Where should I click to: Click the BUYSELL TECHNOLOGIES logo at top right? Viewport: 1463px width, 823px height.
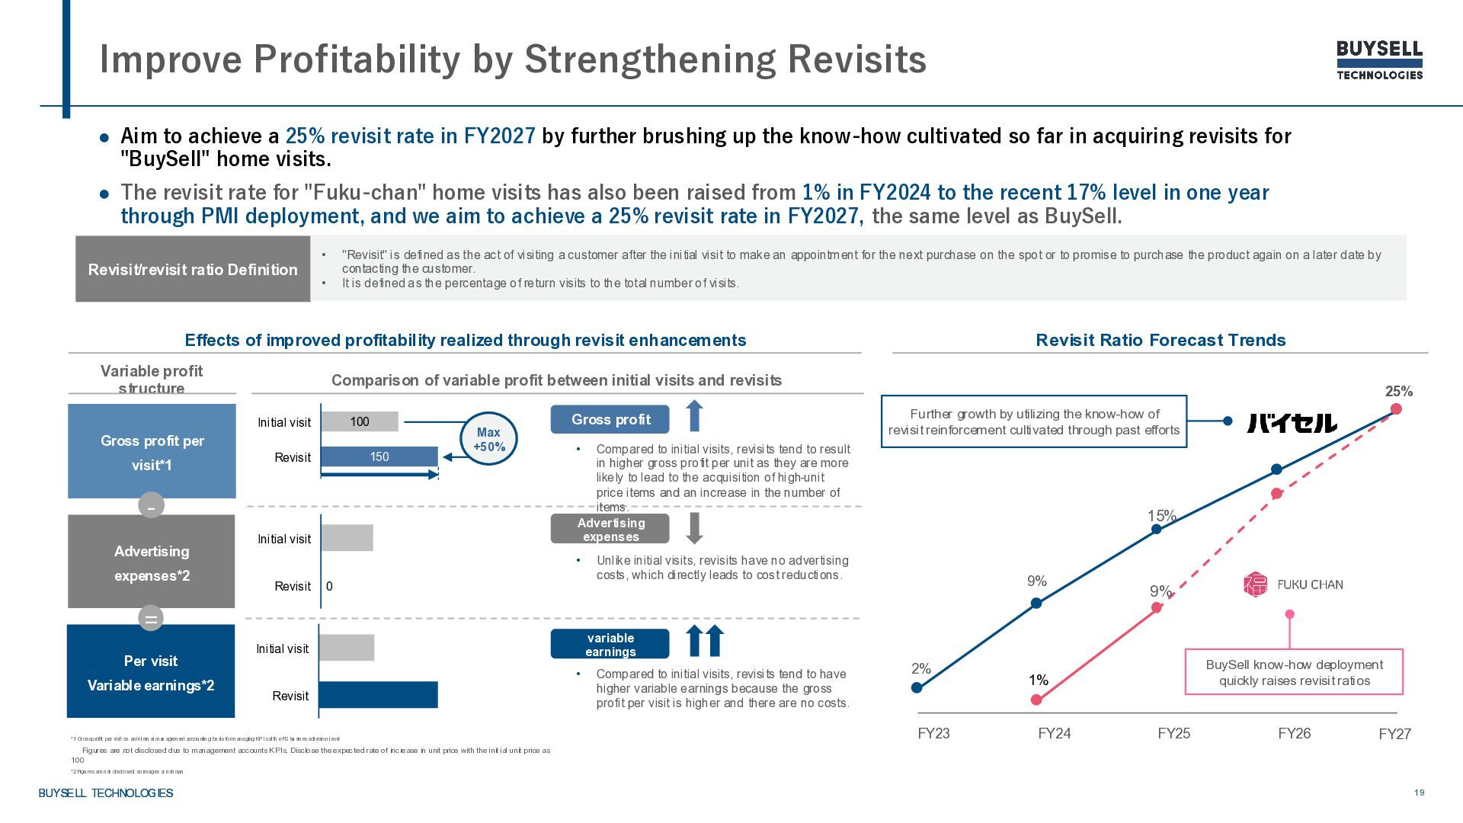1379,60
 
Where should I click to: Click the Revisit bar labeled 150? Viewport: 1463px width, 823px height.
379,456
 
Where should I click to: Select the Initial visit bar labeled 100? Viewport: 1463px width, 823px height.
359,421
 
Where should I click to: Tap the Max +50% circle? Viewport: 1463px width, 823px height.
488,439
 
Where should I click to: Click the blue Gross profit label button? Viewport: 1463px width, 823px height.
610,419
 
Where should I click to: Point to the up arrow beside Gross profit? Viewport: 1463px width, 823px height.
694,416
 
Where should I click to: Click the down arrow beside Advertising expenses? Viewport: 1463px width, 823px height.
694,528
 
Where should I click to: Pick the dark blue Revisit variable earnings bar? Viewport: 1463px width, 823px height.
378,694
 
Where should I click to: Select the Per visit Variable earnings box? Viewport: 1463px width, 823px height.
151,671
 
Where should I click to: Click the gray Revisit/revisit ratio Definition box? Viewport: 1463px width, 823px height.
193,269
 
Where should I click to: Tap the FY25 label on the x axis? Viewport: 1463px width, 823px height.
1173,733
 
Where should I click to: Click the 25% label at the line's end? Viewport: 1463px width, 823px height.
1398,392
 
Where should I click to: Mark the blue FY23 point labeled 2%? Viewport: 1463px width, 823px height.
917,687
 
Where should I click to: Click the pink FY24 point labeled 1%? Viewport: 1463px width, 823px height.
1036,700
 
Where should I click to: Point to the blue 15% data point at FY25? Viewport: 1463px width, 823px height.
1157,529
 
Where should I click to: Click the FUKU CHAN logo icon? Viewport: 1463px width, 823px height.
1255,584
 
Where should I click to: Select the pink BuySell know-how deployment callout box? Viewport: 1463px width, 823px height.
1294,672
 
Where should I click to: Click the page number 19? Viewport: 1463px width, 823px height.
1419,793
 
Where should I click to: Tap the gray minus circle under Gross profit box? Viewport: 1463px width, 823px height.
151,505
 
